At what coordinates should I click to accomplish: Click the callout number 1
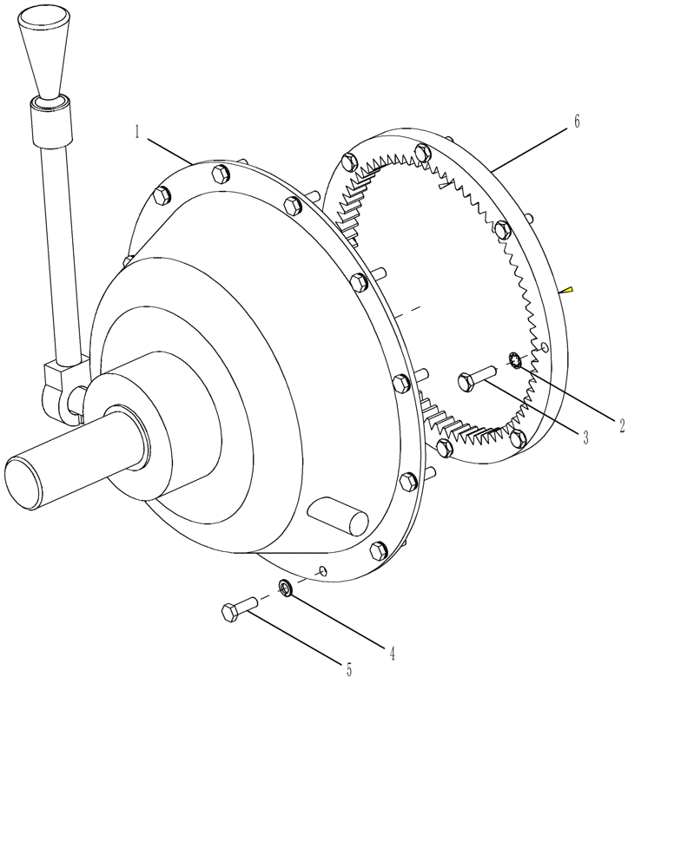click(137, 132)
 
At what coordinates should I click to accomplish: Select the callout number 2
click(622, 425)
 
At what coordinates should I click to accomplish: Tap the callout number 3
click(585, 438)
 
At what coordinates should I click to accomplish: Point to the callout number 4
click(392, 654)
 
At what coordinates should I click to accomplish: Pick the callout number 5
click(349, 669)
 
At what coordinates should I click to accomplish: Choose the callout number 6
click(576, 122)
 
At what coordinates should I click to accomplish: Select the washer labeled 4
click(285, 588)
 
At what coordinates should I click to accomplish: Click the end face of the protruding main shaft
click(25, 483)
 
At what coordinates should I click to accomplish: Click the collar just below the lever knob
click(50, 122)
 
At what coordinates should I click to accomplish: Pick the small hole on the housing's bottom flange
click(322, 570)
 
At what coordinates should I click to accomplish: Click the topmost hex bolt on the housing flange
click(221, 174)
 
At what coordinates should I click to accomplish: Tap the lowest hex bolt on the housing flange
click(378, 550)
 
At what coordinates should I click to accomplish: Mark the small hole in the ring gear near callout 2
click(545, 348)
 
